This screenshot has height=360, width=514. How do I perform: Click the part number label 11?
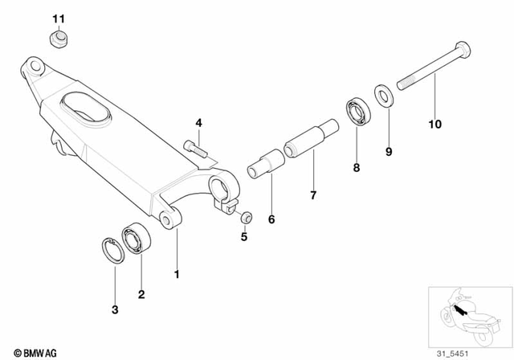click(x=58, y=18)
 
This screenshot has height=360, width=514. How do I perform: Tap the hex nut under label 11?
click(x=57, y=37)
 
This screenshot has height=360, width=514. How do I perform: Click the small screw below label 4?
click(x=194, y=147)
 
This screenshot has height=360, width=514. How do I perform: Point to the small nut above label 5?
click(x=246, y=216)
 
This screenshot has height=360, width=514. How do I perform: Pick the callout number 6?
click(x=270, y=219)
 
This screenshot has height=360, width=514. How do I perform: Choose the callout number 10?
click(x=435, y=124)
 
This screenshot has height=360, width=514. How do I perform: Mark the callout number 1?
click(x=177, y=274)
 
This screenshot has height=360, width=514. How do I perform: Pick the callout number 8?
click(x=356, y=168)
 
